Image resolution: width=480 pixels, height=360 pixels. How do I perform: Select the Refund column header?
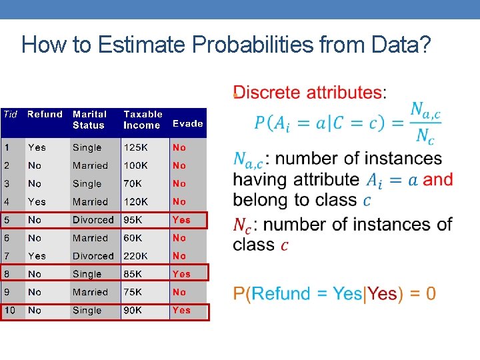45,115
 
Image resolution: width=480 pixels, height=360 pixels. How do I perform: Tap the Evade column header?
187,123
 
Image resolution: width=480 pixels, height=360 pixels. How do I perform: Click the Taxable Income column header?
143,119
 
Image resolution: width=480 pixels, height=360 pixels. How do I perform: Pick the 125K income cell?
136,147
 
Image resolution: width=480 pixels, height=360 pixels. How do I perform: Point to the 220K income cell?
137,256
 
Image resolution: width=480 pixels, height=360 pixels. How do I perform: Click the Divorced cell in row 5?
93,220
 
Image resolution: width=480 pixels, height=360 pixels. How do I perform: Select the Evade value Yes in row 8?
181,274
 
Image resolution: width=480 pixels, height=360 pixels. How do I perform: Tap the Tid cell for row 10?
10,310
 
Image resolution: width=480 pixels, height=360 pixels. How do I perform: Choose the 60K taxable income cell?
133,238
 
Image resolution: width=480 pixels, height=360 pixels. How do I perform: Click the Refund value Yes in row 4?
37,201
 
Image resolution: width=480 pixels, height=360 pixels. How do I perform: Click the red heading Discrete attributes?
308,92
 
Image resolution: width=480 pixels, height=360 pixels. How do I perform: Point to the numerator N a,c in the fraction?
425,109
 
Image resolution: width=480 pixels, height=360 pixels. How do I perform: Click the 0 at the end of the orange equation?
431,293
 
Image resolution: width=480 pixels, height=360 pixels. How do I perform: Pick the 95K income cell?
133,220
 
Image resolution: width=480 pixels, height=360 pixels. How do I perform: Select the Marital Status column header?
89,119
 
